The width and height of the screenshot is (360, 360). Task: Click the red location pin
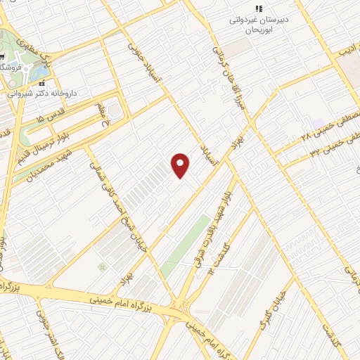(181, 165)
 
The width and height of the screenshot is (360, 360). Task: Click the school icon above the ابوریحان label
(259, 8)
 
